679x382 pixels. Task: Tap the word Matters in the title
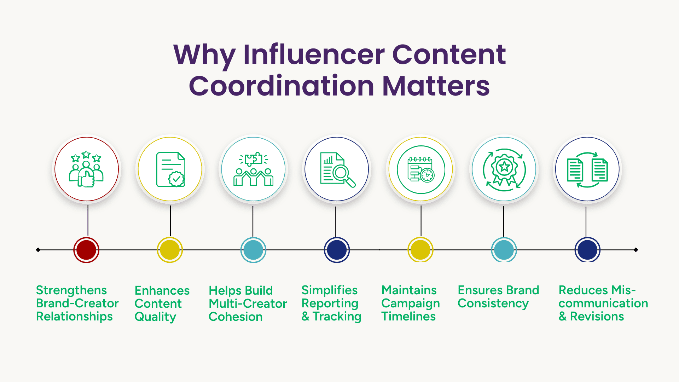coord(436,86)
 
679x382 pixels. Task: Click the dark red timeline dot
coord(86,250)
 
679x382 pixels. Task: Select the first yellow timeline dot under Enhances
coord(170,250)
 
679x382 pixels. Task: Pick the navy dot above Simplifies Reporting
coord(337,250)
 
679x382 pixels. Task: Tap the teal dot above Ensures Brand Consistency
coord(504,250)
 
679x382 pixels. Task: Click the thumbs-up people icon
coord(86,169)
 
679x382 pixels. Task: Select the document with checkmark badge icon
coord(171,169)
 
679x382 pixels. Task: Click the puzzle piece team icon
coord(253,169)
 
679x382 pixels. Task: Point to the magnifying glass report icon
coord(337,169)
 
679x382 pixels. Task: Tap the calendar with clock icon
coord(421,169)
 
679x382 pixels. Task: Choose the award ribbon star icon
coord(504,169)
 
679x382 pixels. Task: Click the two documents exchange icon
coord(587,170)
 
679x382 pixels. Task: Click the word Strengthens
coord(71,290)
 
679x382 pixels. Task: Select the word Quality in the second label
coord(155,317)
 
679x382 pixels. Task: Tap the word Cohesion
coord(236,317)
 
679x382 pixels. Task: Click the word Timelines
coord(408,316)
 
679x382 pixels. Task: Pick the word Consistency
coord(493,303)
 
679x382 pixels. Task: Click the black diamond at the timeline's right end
coord(636,250)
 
